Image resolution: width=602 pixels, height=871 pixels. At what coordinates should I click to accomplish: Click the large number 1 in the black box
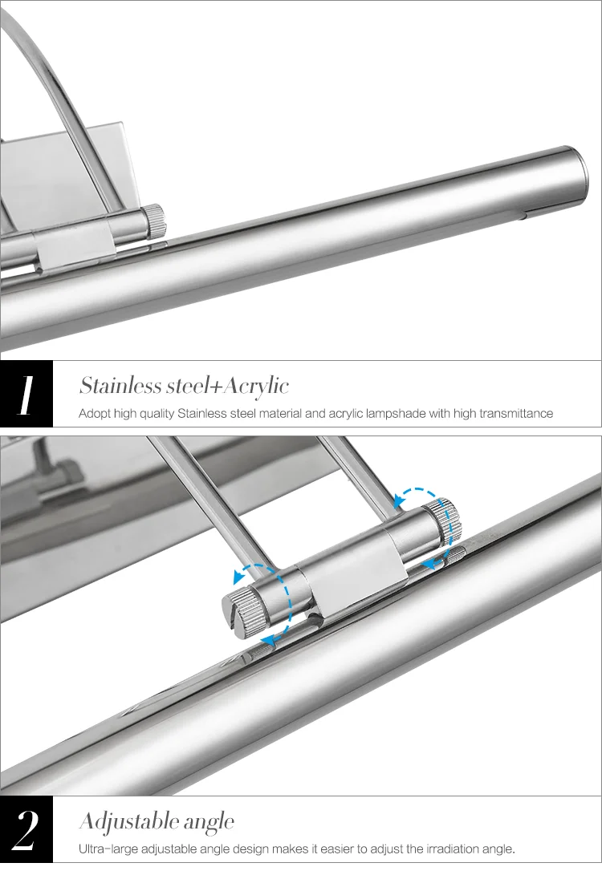[x=26, y=395]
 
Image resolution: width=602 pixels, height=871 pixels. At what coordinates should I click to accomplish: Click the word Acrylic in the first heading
[x=256, y=386]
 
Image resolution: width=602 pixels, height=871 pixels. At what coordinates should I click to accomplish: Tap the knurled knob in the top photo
[x=156, y=221]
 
